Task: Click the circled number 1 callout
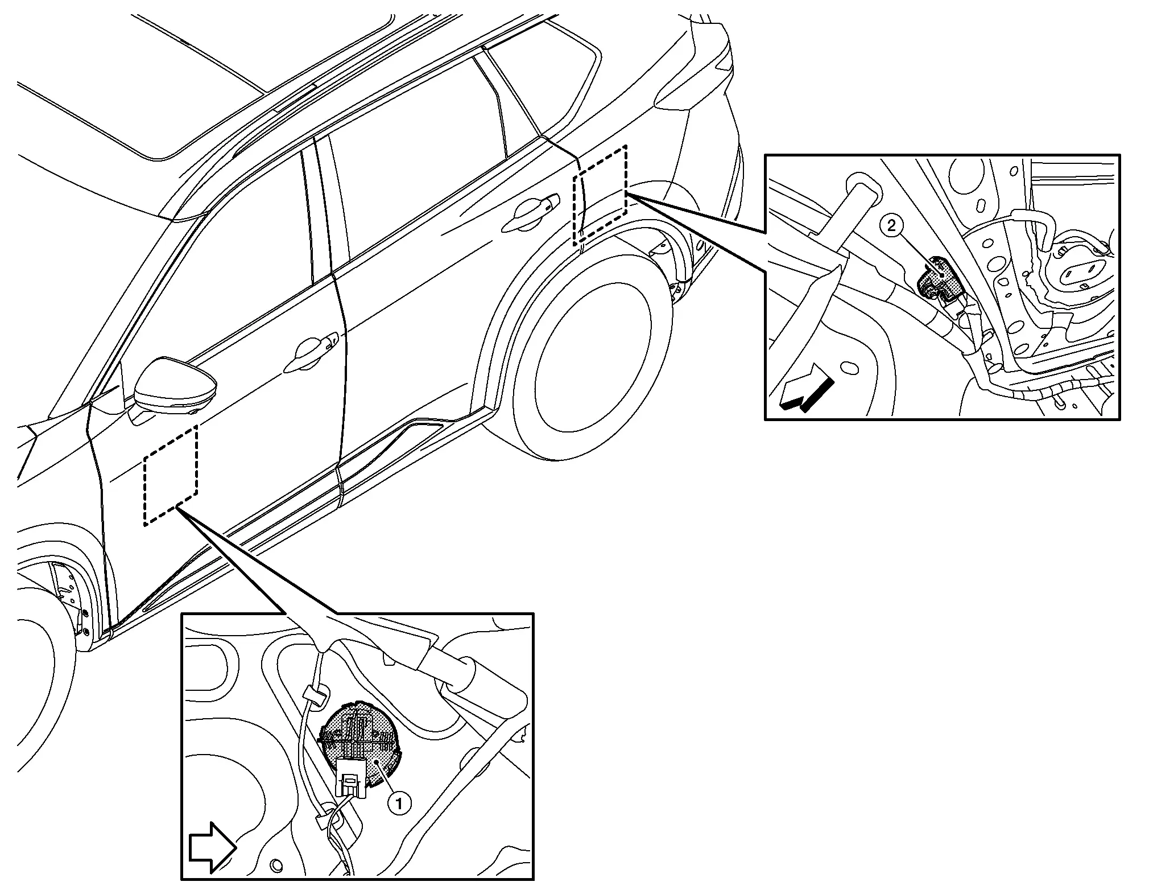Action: [x=399, y=804]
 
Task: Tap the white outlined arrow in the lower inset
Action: [x=212, y=847]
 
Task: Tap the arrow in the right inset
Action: [x=807, y=388]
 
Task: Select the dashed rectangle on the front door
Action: [x=171, y=476]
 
